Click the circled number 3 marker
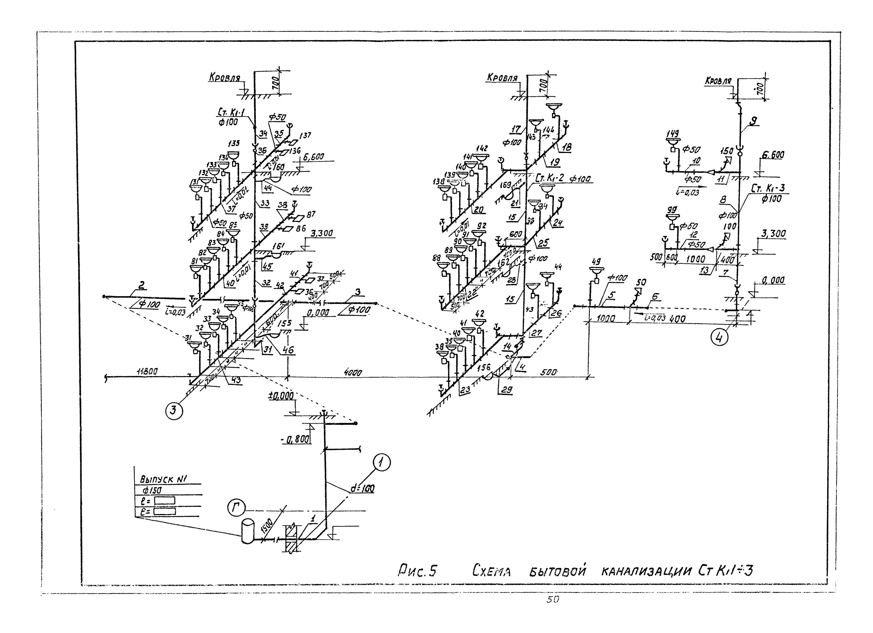coord(174,411)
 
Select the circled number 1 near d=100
coord(382,464)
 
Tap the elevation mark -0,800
coord(295,439)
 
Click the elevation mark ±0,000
coord(281,396)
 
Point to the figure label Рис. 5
coord(417,571)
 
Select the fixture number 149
coord(673,134)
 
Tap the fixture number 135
coord(234,143)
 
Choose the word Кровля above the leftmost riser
coord(224,78)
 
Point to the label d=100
coord(362,489)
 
